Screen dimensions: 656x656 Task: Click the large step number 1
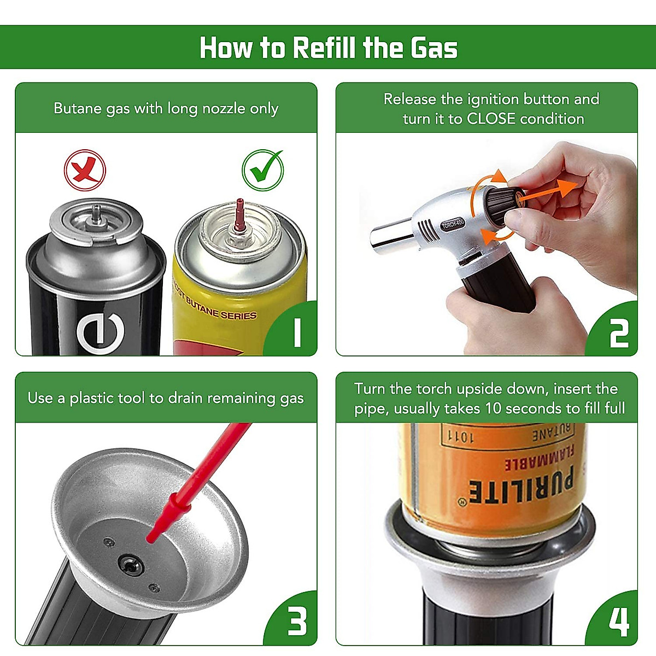coord(297,332)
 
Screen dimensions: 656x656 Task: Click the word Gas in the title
coord(434,48)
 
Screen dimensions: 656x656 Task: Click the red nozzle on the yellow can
coord(240,215)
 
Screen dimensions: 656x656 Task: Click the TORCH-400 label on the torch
coord(453,224)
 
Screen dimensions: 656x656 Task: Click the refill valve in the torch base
coord(131,565)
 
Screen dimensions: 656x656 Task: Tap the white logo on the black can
coord(101,332)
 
